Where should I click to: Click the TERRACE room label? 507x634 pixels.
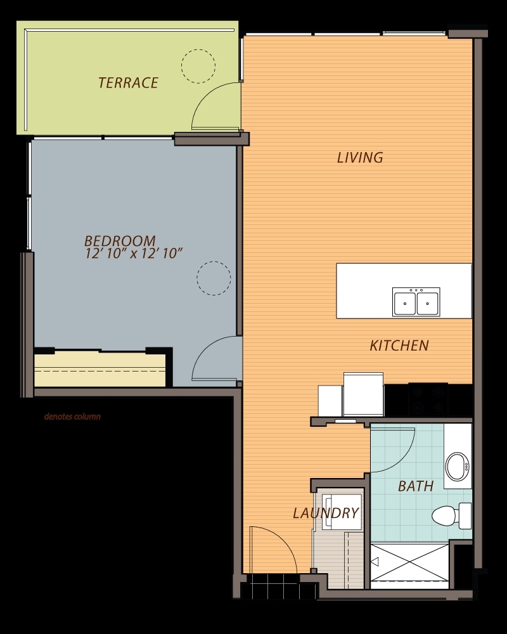tap(128, 83)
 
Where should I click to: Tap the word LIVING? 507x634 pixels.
tap(360, 158)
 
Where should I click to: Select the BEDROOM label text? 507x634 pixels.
tap(120, 241)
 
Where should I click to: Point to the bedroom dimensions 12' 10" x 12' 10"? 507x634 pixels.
tap(134, 254)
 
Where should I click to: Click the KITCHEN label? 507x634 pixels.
tap(399, 346)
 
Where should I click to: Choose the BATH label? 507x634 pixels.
tap(416, 486)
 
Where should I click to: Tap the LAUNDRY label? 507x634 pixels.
tap(326, 513)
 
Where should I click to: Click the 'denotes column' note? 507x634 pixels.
tap(72, 417)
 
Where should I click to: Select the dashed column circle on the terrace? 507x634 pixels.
tap(198, 66)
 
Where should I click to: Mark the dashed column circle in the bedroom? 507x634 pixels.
tap(214, 278)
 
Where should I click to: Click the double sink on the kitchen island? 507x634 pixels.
tap(416, 302)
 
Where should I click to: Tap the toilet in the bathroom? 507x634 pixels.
tap(451, 515)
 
